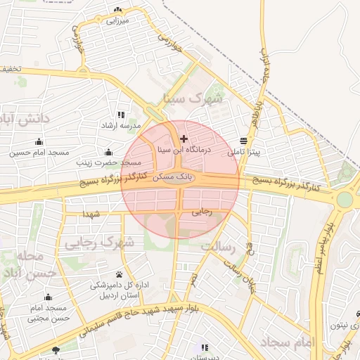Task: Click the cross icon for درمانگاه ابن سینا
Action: (184, 139)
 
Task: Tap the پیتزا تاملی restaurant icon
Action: (243, 140)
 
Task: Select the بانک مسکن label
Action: (172, 172)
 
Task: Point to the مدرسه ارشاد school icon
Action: (121, 115)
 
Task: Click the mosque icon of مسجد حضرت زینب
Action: (108, 152)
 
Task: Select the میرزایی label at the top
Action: (118, 21)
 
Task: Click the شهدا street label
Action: (94, 213)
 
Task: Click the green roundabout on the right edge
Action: (345, 199)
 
